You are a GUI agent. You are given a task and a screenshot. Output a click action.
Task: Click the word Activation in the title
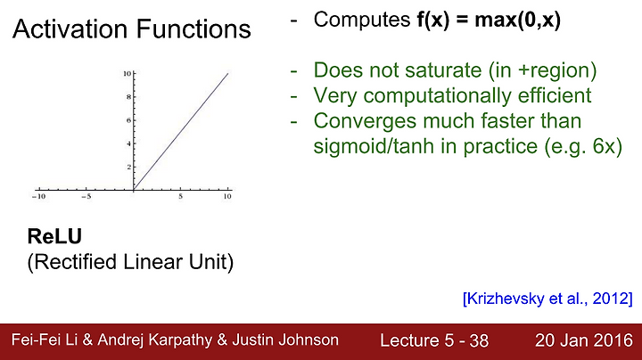pyautogui.click(x=70, y=29)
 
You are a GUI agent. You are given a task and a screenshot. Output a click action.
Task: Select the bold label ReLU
pyautogui.click(x=54, y=236)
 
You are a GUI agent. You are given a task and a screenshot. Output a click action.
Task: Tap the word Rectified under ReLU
pyautogui.click(x=75, y=261)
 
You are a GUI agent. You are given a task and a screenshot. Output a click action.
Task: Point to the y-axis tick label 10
pyautogui.click(x=127, y=74)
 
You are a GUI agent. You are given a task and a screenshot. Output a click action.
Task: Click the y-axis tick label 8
pyautogui.click(x=129, y=97)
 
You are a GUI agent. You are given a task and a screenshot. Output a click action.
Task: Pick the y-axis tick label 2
pyautogui.click(x=129, y=167)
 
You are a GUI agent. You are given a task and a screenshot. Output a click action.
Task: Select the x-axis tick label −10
pyautogui.click(x=38, y=196)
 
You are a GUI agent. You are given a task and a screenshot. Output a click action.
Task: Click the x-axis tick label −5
pyautogui.click(x=86, y=196)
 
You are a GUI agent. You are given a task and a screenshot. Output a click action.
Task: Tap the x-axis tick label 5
pyautogui.click(x=180, y=196)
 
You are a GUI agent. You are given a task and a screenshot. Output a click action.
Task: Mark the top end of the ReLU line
pyautogui.click(x=228, y=73)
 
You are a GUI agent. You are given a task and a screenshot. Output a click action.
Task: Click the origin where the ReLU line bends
pyautogui.click(x=134, y=190)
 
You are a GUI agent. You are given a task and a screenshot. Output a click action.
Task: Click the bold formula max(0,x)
pyautogui.click(x=517, y=20)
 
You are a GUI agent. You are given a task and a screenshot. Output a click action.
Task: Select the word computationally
pyautogui.click(x=437, y=96)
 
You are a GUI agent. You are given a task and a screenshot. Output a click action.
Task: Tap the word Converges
pyautogui.click(x=365, y=121)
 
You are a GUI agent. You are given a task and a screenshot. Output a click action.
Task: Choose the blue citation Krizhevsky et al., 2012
pyautogui.click(x=547, y=299)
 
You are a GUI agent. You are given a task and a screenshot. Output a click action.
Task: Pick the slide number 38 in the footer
pyautogui.click(x=479, y=340)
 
